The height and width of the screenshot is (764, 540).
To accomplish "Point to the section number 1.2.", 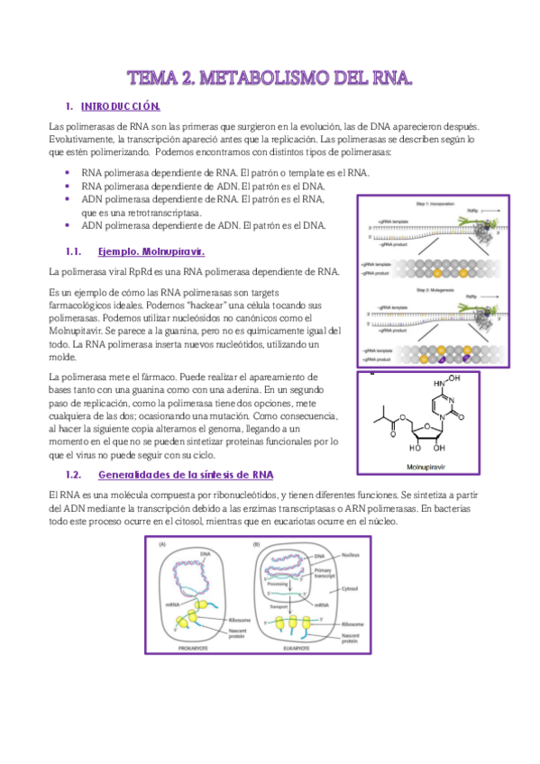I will pos(75,474).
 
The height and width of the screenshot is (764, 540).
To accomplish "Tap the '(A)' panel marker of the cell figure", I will pos(164,544).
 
